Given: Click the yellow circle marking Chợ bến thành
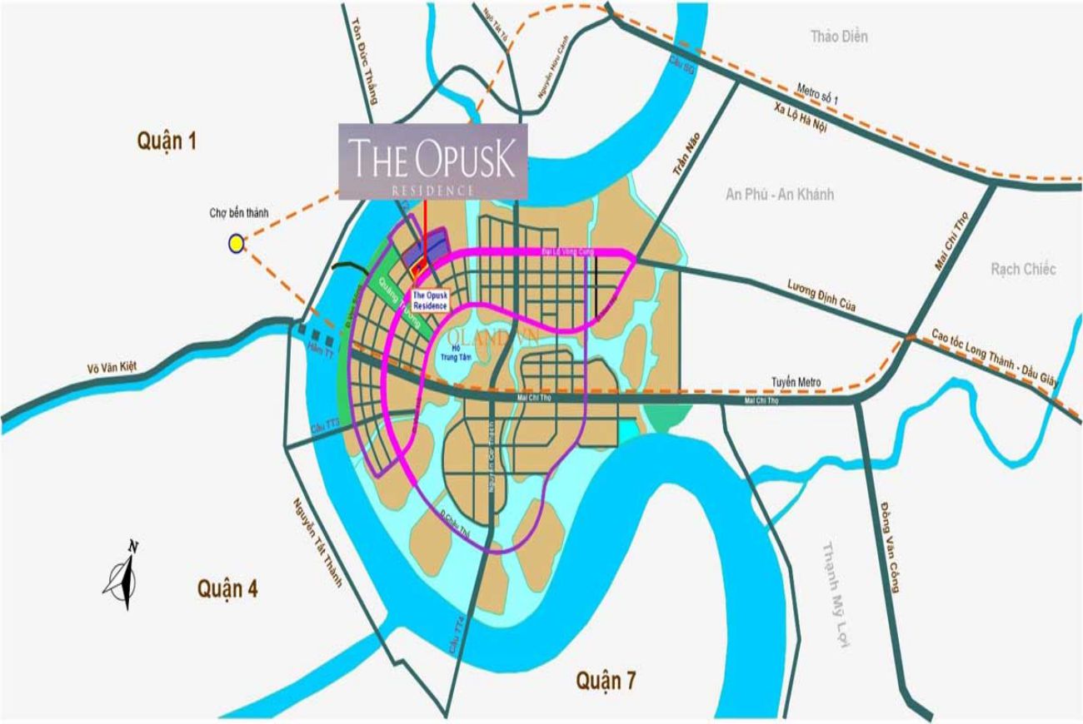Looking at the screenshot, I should click(x=237, y=243).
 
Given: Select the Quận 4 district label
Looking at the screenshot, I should click(x=227, y=589).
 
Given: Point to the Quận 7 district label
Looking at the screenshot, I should click(x=606, y=681).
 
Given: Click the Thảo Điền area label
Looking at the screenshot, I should click(x=840, y=36).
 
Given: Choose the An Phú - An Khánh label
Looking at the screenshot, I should click(x=779, y=194).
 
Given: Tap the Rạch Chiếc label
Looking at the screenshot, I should click(x=1023, y=269).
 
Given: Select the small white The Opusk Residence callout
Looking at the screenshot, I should click(x=431, y=300).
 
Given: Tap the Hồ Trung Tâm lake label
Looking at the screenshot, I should click(x=450, y=352).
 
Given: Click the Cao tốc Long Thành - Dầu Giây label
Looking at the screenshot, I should click(x=994, y=357).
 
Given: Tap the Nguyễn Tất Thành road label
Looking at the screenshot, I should click(x=317, y=542).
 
